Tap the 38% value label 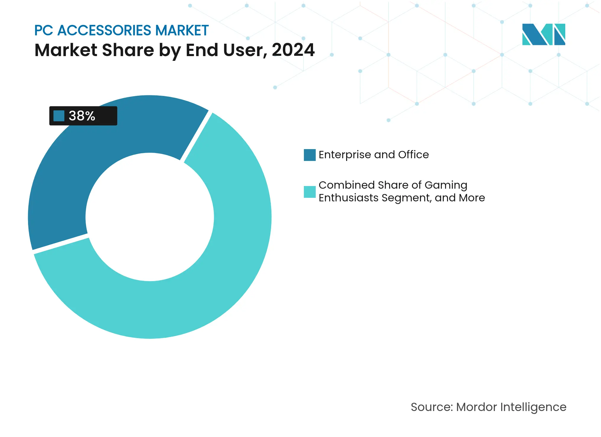pos(82,116)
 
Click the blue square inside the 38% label pos(59,116)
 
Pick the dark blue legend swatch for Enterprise pos(310,155)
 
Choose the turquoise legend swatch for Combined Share pos(310,192)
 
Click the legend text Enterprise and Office pos(374,155)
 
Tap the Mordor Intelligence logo pos(543,34)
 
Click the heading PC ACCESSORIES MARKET pos(121,30)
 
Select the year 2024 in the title pos(293,50)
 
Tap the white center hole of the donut pos(150,217)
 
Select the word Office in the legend pos(413,155)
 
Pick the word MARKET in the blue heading pos(182,30)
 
